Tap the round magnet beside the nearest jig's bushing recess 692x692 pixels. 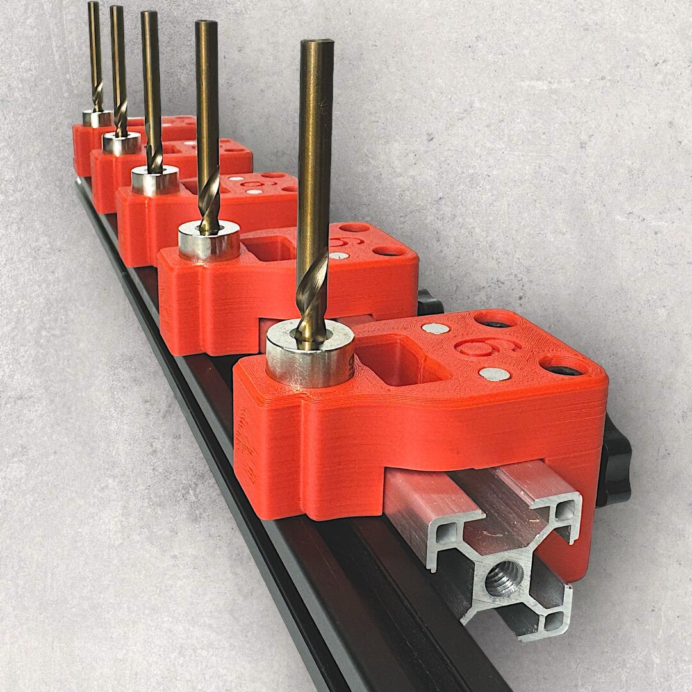click(435, 328)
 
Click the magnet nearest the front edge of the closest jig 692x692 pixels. click(494, 374)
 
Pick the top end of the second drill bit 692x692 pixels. click(206, 24)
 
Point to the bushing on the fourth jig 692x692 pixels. click(122, 143)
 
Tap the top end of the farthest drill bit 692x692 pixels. click(94, 4)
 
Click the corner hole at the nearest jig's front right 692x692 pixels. click(562, 367)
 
